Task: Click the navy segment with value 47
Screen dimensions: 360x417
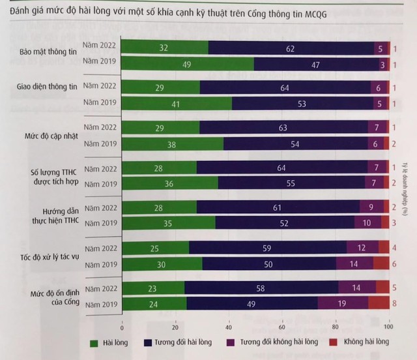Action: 317,65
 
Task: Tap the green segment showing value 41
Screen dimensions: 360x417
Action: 177,104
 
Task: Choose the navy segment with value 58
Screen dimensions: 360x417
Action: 261,288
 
